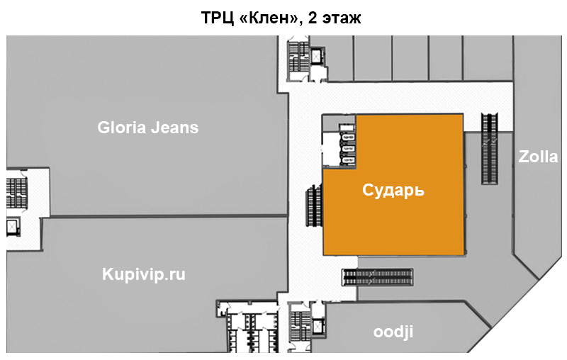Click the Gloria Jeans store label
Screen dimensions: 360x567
147,128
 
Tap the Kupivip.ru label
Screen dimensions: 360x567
144,274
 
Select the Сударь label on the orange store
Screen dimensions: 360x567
393,190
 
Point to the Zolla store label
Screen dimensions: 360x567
538,157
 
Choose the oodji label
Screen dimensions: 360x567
393,332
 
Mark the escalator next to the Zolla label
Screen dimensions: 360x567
488,149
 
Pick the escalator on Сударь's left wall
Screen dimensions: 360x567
313,206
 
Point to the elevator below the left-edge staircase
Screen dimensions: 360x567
13,227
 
